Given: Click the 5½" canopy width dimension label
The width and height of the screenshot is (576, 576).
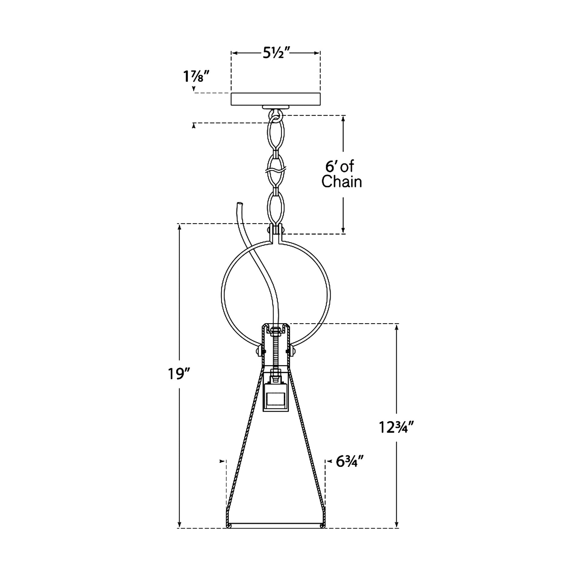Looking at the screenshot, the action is (275, 53).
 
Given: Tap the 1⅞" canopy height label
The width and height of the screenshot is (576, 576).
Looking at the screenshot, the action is (197, 77).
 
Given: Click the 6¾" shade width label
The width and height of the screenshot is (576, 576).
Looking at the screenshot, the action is (350, 462).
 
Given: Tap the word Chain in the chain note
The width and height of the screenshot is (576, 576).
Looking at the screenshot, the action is (342, 182).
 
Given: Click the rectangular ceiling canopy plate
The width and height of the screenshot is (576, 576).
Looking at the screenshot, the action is (276, 99).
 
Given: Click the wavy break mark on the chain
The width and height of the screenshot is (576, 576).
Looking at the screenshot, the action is (276, 172).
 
